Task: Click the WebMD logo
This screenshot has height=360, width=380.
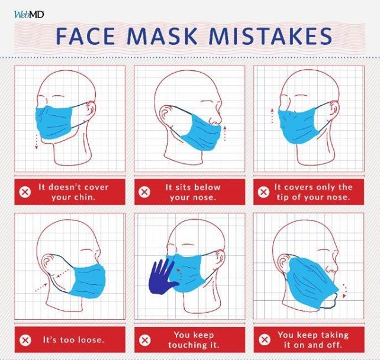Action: tap(29, 15)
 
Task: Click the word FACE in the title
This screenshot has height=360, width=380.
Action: tap(86, 36)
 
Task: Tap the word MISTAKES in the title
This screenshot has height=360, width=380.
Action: tap(270, 36)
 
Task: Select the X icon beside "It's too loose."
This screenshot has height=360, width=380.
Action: tap(25, 340)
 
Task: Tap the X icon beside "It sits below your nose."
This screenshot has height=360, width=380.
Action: tap(144, 192)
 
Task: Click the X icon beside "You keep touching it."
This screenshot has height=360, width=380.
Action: tap(144, 340)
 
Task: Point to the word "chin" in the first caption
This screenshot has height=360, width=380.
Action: tap(84, 197)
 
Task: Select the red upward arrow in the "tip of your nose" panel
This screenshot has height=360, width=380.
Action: tap(272, 116)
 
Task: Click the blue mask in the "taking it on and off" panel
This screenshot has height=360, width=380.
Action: tap(311, 282)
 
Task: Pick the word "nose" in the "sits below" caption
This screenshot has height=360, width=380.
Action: tap(205, 197)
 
